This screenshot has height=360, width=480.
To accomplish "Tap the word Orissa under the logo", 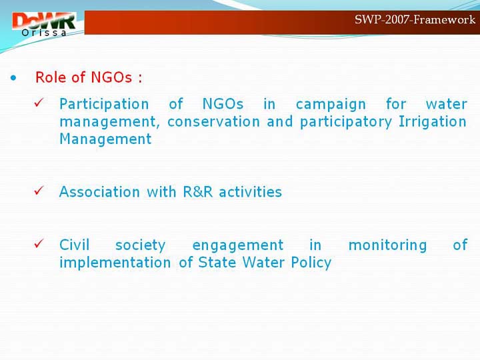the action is coord(44,33).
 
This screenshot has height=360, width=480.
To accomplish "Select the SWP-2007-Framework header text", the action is coord(415,19).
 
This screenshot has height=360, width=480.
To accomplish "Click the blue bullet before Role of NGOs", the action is coord(13,78).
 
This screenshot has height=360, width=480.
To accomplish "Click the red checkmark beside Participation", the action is coord(39,102).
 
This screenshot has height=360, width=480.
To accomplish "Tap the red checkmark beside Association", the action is coord(39,191).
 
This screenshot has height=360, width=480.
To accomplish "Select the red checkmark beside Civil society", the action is coord(39,243).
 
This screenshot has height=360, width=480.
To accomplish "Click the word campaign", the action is coord(331,105).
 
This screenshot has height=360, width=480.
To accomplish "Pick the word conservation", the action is coord(214,122).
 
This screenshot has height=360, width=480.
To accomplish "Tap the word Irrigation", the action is coord(433,122).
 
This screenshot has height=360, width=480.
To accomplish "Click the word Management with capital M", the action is coord(105,139).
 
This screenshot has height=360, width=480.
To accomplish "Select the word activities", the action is coord(250,192).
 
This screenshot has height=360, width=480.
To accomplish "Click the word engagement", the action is coord(238,245).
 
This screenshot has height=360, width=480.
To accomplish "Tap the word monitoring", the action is coord(387,245).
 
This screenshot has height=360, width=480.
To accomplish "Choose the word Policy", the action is coord(311,263).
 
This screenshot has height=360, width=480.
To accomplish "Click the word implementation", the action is coord(115,263).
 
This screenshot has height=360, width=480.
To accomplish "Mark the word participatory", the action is coord(346,123).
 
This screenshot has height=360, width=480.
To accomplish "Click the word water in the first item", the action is coord(446,105).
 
